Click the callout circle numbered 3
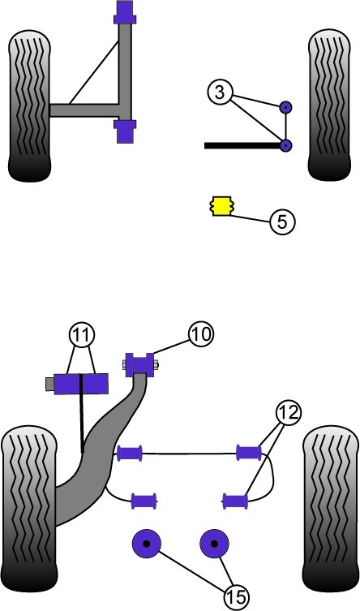pyautogui.click(x=220, y=93)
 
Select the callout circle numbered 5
pyautogui.click(x=282, y=222)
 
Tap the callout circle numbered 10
pyautogui.click(x=202, y=334)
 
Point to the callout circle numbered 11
pyautogui.click(x=81, y=335)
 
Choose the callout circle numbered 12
pyautogui.click(x=289, y=412)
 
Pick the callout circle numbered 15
pyautogui.click(x=236, y=596)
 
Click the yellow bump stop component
pyautogui.click(x=221, y=207)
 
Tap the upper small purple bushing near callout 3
pyautogui.click(x=286, y=107)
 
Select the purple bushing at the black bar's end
pyautogui.click(x=286, y=146)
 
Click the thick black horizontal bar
pyautogui.click(x=243, y=146)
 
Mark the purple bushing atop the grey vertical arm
pyautogui.click(x=125, y=12)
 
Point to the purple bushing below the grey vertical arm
pyautogui.click(x=125, y=131)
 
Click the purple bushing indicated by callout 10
pyautogui.click(x=139, y=365)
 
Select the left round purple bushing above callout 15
pyautogui.click(x=147, y=543)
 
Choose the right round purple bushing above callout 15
pyautogui.click(x=214, y=543)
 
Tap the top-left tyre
pyautogui.click(x=29, y=106)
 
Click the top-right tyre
pyautogui.click(x=329, y=105)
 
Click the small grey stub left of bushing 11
pyautogui.click(x=49, y=384)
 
